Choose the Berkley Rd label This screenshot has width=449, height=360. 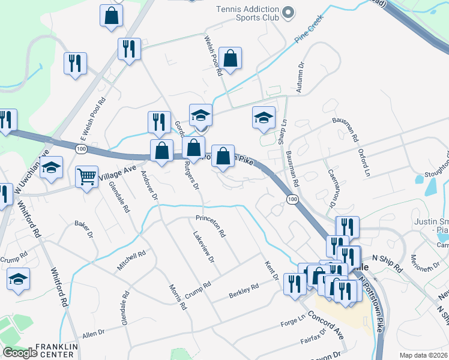click(x=243, y=290)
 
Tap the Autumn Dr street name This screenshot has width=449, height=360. click(x=301, y=74)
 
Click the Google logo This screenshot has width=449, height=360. click(x=20, y=353)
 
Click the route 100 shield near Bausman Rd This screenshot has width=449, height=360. click(x=292, y=199)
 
